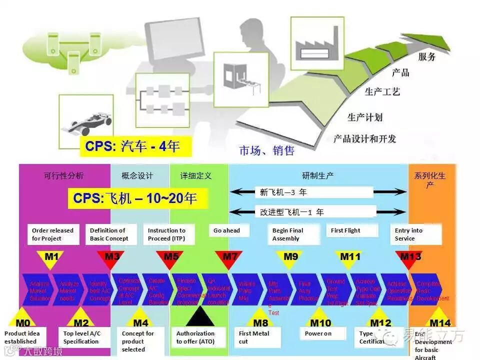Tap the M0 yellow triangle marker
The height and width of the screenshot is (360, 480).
pos(22,319)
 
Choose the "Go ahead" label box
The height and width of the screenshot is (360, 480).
pos(226,231)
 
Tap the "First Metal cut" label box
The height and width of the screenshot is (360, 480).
pos(257,337)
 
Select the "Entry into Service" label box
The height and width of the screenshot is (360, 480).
pos(415,234)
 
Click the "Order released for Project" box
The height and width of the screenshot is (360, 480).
pos(52,234)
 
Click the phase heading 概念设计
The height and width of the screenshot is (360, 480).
pos(137,176)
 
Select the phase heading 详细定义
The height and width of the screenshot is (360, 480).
pos(196,176)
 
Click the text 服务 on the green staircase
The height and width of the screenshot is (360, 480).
pos(426,56)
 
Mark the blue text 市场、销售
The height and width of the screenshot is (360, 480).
pos(266,150)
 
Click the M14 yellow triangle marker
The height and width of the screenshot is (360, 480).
pos(439,320)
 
